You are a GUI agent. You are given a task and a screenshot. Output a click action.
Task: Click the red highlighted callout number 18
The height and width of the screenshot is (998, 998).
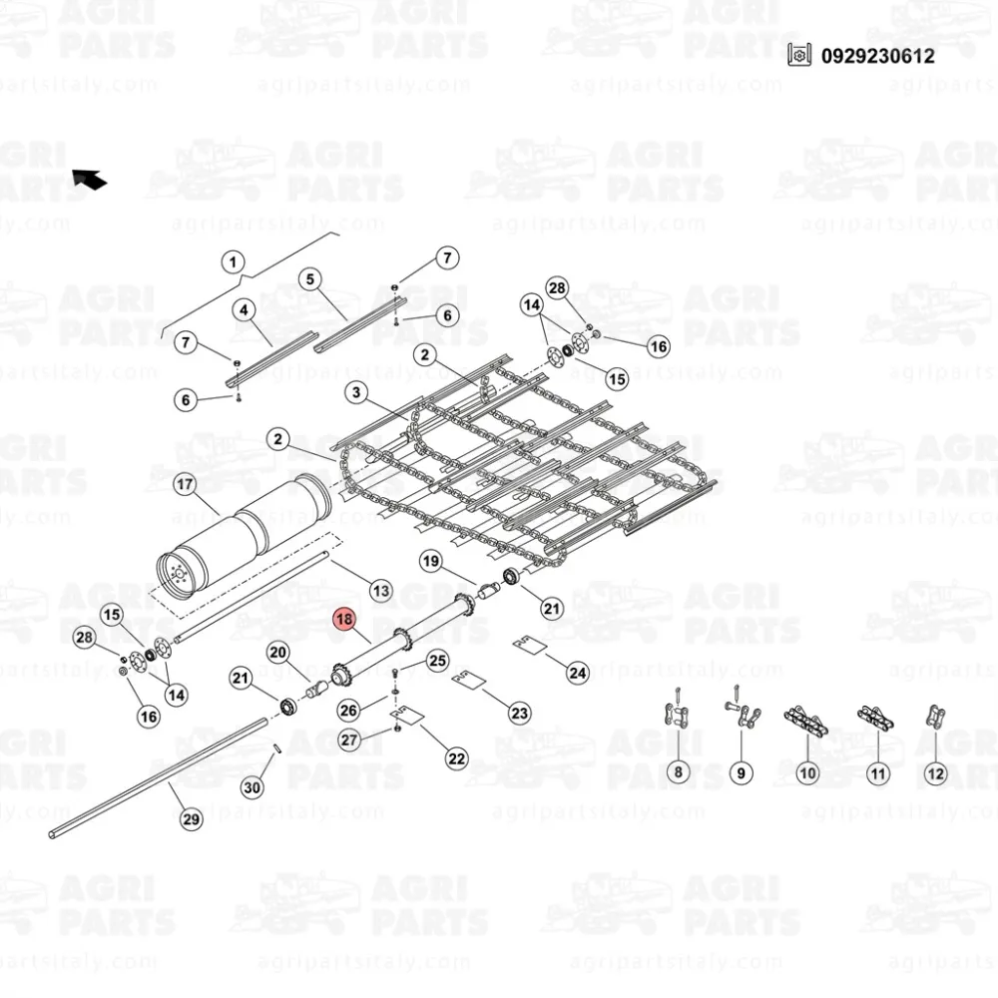point(345,620)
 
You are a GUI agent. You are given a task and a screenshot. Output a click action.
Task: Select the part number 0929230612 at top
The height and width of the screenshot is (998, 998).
point(878,56)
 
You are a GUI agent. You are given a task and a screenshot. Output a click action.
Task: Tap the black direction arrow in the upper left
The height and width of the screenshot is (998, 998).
point(89,180)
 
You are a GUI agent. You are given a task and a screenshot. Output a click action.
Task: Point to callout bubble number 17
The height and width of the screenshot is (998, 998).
point(185,485)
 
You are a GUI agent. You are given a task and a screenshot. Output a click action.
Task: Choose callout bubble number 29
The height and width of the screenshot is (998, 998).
point(189,820)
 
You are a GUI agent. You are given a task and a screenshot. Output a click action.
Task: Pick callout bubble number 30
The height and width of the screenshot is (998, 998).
point(252,787)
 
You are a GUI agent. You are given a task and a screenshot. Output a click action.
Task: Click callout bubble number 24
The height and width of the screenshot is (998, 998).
point(577,673)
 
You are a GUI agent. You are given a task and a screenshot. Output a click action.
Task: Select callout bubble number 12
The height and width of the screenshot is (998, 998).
point(934,771)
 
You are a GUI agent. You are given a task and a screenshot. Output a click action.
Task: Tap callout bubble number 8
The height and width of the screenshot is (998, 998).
point(678,771)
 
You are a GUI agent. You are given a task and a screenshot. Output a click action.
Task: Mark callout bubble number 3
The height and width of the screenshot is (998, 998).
point(356,393)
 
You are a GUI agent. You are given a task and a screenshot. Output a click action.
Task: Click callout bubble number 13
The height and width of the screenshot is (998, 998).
point(380,591)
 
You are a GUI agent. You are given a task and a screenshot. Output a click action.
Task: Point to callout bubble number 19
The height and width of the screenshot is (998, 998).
point(430,561)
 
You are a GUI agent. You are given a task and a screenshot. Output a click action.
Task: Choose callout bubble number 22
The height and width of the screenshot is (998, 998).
point(456,757)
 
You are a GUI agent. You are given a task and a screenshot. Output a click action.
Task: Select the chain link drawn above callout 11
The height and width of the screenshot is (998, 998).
point(874,719)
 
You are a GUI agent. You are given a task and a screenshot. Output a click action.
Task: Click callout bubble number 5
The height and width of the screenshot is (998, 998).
point(310,279)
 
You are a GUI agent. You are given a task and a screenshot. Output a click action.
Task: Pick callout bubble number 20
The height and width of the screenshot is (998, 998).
point(278,653)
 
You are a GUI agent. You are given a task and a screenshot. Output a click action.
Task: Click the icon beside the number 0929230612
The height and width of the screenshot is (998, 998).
point(797,56)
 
